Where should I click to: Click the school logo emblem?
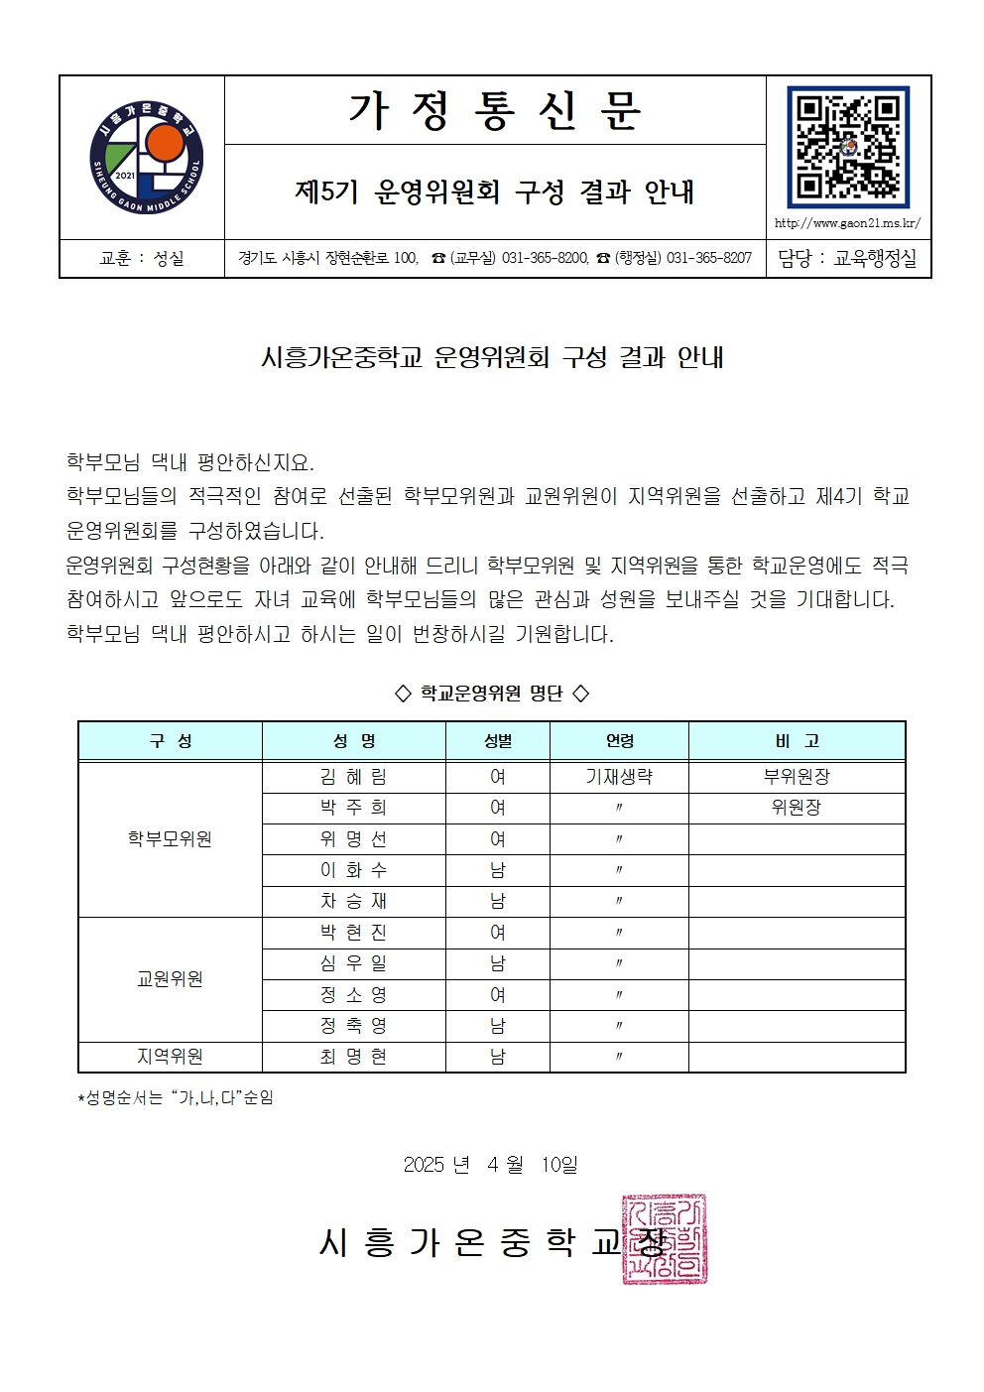pos(145,157)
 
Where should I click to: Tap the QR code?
pos(847,146)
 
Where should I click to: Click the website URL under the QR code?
pos(847,223)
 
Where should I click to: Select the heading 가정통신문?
pos(494,110)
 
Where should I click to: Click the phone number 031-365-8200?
pos(545,258)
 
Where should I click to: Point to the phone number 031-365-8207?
pos(708,258)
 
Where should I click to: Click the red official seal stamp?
pos(665,1239)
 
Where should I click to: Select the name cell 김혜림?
pos(353,777)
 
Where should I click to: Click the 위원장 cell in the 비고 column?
pos(796,808)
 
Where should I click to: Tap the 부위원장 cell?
pos(796,777)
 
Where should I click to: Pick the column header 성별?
pos(497,741)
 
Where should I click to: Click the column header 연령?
pos(619,741)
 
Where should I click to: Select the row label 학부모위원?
pos(170,839)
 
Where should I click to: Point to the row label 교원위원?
pos(170,979)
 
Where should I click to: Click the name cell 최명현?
pos(353,1057)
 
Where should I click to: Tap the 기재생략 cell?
pos(619,777)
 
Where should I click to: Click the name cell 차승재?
pos(353,901)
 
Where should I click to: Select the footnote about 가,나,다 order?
pos(176,1098)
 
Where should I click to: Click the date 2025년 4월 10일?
pos(490,1164)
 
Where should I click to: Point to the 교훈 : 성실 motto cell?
pos(142,258)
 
